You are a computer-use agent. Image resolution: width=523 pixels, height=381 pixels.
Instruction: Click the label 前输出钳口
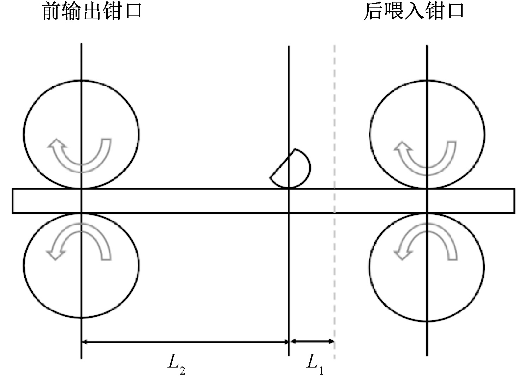pos(92,11)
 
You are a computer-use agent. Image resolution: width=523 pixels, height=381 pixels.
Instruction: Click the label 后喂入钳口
pos(414,11)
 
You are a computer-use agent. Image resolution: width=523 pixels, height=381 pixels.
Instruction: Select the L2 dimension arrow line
pos(185,342)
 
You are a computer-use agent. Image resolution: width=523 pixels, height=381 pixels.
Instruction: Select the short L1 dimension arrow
pos(311,341)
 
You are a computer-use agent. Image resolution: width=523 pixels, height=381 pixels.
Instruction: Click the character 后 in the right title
pos(373,11)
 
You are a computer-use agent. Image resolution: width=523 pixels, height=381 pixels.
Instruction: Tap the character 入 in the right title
pos(414,11)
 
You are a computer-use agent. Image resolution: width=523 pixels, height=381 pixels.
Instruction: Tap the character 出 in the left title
pos(92,11)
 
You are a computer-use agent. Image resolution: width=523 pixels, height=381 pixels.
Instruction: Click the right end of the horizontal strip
pos(513,201)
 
